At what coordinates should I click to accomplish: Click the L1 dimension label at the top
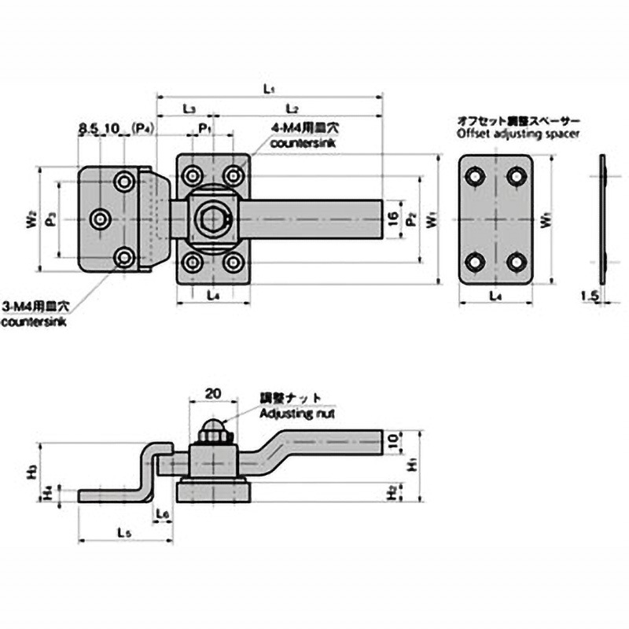(x=268, y=90)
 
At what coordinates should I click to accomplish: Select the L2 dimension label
(x=292, y=106)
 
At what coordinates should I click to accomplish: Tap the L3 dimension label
(x=189, y=106)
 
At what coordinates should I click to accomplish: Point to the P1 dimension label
(x=204, y=126)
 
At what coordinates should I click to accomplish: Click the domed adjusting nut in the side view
(x=212, y=429)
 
